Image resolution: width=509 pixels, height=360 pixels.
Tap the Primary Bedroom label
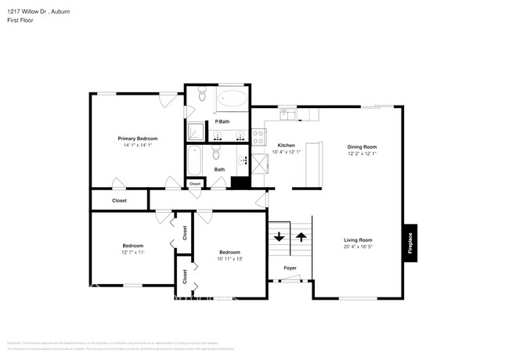(137, 138)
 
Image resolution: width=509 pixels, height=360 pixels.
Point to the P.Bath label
(222, 121)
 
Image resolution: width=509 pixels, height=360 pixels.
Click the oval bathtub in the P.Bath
(231, 99)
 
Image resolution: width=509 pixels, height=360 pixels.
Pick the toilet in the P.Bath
(201, 96)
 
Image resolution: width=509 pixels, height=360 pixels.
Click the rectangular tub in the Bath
(196, 161)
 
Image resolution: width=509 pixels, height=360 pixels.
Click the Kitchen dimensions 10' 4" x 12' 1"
(286, 153)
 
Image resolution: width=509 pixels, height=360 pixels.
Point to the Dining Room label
(362, 146)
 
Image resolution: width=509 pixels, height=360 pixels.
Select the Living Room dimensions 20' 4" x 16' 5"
(358, 247)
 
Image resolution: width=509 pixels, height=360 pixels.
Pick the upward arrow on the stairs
(301, 236)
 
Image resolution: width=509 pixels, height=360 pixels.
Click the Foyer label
(290, 268)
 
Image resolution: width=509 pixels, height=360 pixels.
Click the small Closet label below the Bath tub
(195, 183)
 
